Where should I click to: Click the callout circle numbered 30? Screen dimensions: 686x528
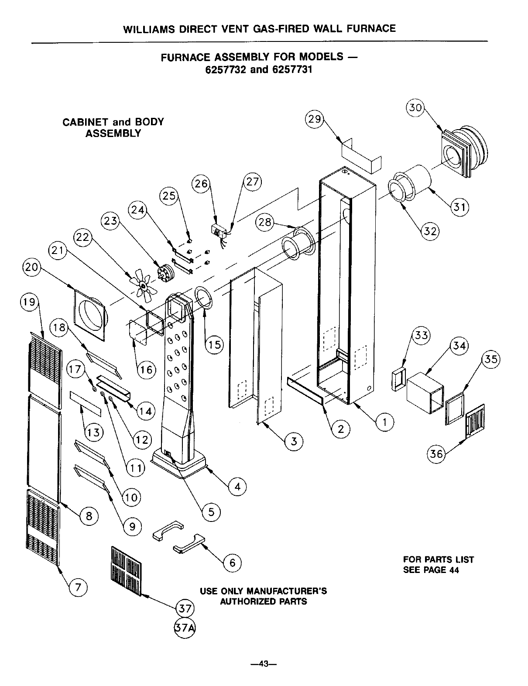(416, 107)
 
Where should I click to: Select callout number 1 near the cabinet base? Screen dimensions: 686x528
(384, 422)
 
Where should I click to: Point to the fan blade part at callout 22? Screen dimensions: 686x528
(142, 283)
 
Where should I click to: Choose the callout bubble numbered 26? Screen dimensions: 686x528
(201, 184)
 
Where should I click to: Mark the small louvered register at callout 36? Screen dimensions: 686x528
(475, 421)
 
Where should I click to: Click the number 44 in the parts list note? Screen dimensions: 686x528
(454, 570)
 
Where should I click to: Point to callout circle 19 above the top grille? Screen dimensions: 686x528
(30, 302)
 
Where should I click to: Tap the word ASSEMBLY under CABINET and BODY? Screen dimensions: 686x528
(113, 134)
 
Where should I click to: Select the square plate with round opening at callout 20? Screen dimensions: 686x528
(90, 314)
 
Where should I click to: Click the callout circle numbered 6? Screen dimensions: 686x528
(233, 563)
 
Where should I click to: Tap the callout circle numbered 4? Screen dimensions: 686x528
(237, 487)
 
